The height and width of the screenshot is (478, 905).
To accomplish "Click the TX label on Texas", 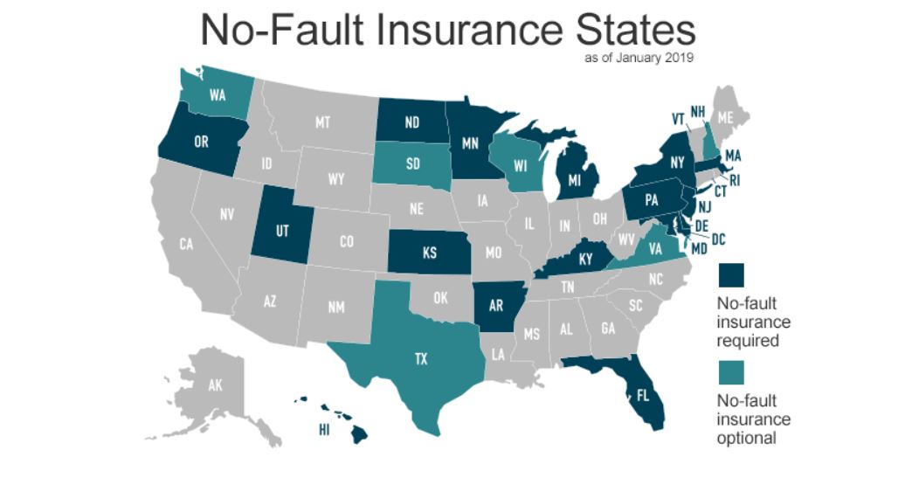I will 421,358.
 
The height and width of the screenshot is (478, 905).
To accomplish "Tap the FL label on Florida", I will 643,395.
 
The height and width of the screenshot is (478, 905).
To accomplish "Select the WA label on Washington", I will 218,96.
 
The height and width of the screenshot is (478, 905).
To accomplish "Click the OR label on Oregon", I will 201,142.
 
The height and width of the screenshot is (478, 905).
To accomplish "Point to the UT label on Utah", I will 281,231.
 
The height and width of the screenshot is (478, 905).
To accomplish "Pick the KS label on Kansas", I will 429,253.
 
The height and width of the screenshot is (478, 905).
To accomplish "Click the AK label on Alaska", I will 215,384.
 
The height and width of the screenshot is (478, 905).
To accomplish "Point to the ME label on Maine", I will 725,116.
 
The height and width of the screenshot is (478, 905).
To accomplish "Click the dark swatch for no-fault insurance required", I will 731,275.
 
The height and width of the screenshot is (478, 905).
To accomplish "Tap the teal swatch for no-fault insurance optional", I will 731,371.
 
